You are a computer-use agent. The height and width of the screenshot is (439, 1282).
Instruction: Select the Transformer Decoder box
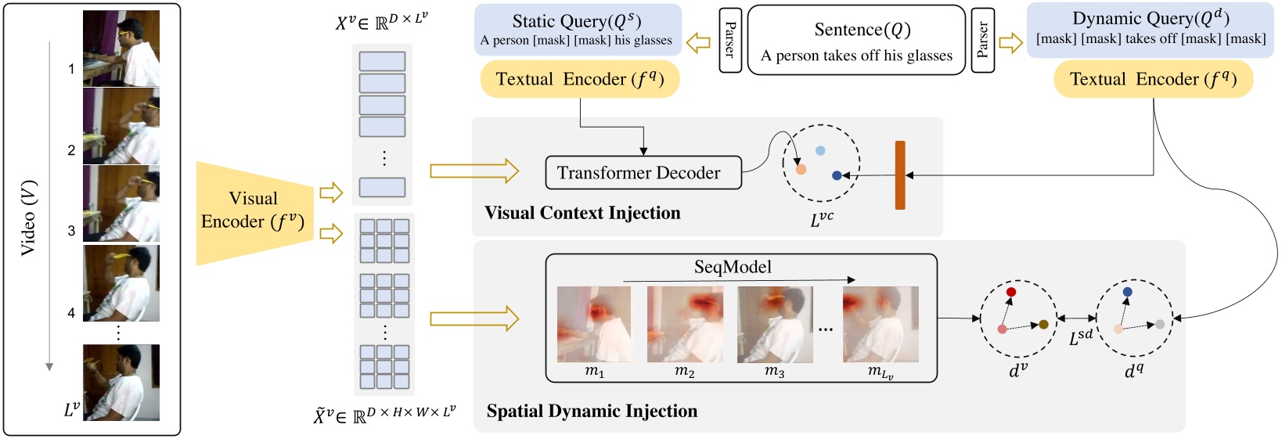tap(643, 173)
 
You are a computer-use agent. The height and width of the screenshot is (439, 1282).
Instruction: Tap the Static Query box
tap(577, 30)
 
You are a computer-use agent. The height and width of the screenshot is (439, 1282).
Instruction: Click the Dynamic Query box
tap(1150, 30)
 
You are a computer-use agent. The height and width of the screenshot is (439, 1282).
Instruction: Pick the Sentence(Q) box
tap(856, 41)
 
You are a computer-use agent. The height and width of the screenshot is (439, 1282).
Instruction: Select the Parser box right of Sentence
tap(982, 40)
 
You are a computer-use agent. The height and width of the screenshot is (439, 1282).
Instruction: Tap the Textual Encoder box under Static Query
tap(579, 80)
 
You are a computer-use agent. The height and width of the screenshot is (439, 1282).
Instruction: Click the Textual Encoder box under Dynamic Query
tap(1153, 80)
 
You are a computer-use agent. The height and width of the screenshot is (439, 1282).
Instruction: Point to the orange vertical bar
tap(900, 175)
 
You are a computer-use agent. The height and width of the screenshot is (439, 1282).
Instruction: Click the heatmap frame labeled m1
tap(594, 324)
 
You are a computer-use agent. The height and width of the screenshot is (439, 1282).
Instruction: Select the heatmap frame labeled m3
tap(774, 324)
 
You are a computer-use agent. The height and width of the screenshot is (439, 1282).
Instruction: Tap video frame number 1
tap(121, 49)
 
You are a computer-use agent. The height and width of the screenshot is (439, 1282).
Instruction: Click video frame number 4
tap(121, 283)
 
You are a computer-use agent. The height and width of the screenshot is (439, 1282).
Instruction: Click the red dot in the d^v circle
tap(1010, 292)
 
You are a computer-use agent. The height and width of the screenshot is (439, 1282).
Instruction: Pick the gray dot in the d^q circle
tap(1160, 324)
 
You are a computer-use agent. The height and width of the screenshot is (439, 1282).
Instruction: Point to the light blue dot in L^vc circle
tap(820, 150)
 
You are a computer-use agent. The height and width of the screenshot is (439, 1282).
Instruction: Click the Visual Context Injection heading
tap(582, 213)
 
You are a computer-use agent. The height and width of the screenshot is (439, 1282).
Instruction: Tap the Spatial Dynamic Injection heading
tap(592, 411)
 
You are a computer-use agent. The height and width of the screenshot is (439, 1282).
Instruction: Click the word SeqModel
tap(733, 267)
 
